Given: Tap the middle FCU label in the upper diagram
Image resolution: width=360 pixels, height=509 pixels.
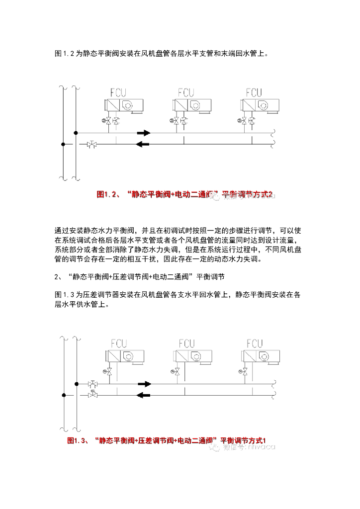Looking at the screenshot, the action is pos(186,92).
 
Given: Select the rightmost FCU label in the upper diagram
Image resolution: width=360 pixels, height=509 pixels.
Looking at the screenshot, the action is pos(254,92).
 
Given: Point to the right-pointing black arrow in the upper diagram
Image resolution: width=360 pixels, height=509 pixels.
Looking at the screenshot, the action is pos(144,133).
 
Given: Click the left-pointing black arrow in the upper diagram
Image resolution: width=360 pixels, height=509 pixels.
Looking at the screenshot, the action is pos(143,145).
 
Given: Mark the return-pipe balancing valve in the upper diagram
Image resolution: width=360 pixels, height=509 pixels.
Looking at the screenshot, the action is pos(92,145).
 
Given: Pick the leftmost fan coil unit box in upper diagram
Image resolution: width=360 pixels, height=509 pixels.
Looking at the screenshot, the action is pos(124,105).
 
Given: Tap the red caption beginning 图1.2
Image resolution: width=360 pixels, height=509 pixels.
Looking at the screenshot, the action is pos(185,195).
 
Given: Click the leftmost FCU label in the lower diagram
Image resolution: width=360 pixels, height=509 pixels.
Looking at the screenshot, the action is pos(118,343).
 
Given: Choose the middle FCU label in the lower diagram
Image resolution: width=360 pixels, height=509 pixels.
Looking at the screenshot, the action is pos(186,343).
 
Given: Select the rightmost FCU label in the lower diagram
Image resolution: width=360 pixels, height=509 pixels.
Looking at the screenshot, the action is pos(254,343).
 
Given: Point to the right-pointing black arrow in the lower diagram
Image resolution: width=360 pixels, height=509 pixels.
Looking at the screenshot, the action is pos(144,384).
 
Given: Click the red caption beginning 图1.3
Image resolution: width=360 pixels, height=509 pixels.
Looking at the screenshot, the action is pos(167,440).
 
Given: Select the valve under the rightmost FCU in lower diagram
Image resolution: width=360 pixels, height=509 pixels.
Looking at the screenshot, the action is pos(244,371).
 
